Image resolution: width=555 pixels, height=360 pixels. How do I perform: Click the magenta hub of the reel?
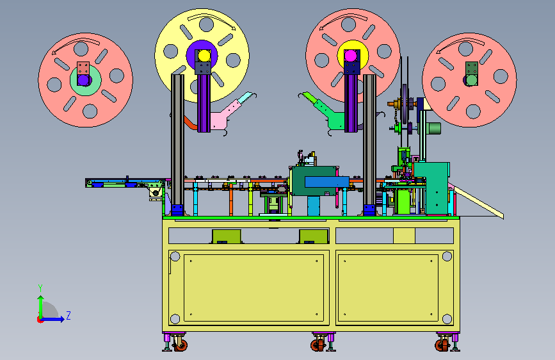pos(350,56)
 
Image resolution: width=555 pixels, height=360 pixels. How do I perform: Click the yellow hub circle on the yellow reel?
pos(204,55)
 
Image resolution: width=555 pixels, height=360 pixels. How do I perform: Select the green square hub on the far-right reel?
pos(472,74)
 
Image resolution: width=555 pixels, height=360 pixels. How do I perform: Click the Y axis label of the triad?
pos(40,288)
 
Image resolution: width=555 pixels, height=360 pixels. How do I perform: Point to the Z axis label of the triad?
pos(68,315)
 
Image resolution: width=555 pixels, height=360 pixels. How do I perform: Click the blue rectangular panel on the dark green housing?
pos(326,182)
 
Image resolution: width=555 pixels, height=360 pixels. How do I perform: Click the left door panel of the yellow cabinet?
pos(253,288)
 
